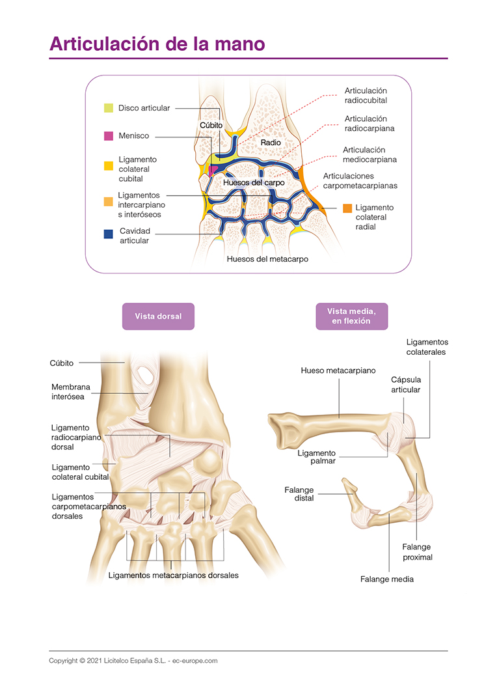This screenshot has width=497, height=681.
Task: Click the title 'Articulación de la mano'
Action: pos(157,44)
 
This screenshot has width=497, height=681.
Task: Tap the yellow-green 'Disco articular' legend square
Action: pos(109,108)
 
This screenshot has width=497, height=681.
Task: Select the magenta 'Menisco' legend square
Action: pos(109,136)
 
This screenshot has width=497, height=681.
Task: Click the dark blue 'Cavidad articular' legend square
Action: pos(109,231)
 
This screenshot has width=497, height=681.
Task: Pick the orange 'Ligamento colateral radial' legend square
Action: pos(347,208)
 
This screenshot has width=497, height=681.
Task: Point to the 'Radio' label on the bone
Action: pos(271,141)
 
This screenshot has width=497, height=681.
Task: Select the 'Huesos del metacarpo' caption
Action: pos(267,258)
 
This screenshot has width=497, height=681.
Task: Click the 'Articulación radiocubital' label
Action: pos(366,96)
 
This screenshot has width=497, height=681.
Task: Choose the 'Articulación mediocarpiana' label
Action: pos(369,154)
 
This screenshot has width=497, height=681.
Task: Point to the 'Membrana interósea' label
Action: pos(71,391)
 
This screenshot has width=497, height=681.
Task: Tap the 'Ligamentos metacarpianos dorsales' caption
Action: pos(174,575)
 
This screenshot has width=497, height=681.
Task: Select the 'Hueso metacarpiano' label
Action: pos(338,370)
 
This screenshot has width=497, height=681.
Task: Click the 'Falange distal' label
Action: pos(299,493)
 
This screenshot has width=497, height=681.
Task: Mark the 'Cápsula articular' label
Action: pos(405,384)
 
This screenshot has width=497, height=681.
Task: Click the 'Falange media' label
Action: pos(387,579)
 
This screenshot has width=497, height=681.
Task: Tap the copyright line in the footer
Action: pos(133,660)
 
